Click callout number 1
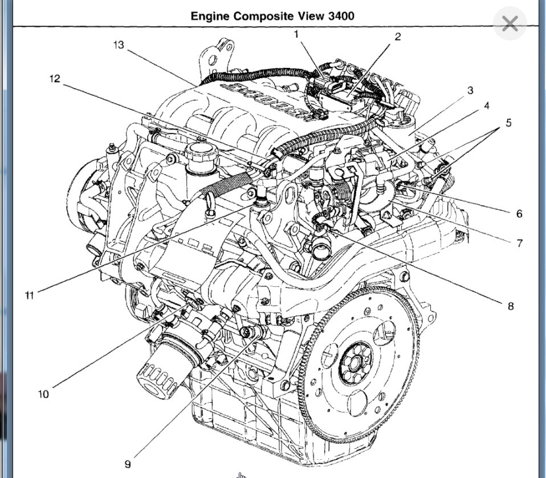coord(296,35)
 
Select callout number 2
coord(397,37)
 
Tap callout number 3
coord(470,91)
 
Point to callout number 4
coord(486,106)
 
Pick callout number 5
coord(508,123)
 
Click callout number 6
coord(519,214)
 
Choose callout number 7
coord(519,243)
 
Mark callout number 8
coord(510,306)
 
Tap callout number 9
coord(127,464)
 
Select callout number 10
coord(43,394)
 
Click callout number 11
coord(29,295)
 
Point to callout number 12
coord(55,79)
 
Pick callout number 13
coord(119,45)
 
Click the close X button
coord(510,24)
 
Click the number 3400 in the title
coord(341,15)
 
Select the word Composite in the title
coord(260,15)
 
